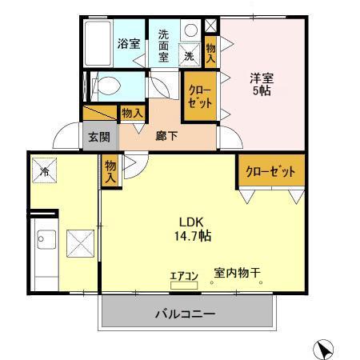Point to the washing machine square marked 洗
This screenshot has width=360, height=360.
coord(190,57)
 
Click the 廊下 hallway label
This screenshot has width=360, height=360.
coord(167,136)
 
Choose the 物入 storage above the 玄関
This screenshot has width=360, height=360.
coord(132,114)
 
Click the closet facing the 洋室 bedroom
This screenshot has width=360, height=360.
coord(200,97)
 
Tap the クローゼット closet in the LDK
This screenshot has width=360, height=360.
coord(270,172)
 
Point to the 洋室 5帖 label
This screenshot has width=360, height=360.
coord(262,86)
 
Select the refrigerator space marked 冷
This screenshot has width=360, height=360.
coord(45,170)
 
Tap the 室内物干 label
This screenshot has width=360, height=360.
coord(236,273)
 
